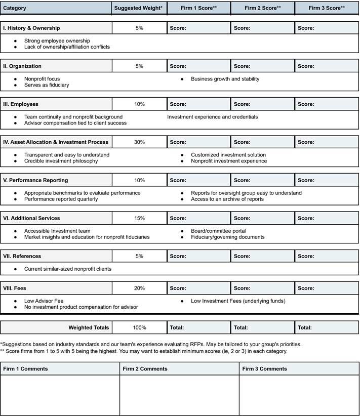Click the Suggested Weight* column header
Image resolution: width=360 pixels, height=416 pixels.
(139, 8)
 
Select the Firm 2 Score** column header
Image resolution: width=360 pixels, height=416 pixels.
(262, 8)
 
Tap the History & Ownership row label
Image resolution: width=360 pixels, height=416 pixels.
(31, 28)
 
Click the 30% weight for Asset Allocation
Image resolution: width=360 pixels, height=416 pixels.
(139, 142)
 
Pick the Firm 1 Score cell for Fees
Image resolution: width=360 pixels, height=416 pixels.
(198, 288)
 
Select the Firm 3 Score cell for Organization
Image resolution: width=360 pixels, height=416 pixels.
(327, 66)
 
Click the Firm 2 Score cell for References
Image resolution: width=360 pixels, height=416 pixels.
(262, 256)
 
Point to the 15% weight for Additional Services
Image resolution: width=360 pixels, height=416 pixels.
(139, 218)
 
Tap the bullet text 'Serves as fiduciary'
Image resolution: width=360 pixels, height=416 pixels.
(47, 85)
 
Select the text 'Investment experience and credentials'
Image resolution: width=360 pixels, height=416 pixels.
(212, 117)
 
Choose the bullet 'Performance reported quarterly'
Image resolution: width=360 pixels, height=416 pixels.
(61, 199)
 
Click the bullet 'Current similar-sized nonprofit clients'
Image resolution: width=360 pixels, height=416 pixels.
(68, 269)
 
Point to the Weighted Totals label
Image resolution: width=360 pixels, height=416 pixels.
(89, 327)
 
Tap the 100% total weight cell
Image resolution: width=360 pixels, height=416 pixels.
(139, 327)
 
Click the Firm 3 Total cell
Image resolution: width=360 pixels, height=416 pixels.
(327, 327)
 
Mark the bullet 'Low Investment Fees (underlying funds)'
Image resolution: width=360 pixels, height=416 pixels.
(238, 301)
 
